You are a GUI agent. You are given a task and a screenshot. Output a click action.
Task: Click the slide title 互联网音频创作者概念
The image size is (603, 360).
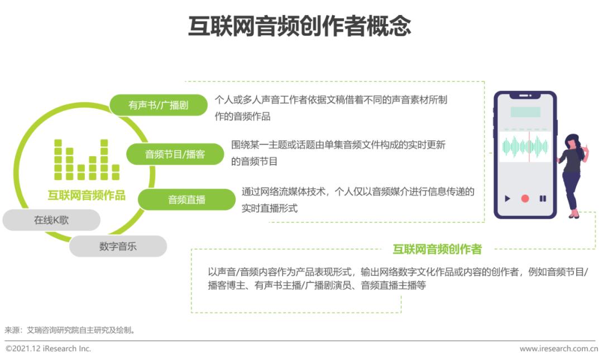tap(299, 26)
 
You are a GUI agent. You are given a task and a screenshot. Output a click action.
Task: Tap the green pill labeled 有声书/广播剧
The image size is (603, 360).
tap(159, 105)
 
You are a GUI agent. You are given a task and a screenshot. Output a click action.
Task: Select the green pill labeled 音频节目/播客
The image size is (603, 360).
tap(175, 154)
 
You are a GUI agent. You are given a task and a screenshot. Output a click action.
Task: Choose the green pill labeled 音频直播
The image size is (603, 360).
tap(186, 200)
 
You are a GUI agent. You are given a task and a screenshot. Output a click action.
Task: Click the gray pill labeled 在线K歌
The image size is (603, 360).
tap(51, 220)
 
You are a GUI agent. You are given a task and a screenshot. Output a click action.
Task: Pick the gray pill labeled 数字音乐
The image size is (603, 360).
tap(118, 246)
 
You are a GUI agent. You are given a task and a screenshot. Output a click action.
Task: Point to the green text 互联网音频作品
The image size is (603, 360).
tap(87, 195)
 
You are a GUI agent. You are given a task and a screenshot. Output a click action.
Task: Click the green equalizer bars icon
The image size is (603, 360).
tap(87, 160)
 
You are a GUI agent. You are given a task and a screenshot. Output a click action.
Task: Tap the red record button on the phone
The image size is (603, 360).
tap(525, 199)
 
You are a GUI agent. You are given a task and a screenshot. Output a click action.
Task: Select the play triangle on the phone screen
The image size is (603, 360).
tap(507, 199)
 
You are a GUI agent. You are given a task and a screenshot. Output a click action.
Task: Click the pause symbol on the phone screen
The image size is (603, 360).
tap(543, 199)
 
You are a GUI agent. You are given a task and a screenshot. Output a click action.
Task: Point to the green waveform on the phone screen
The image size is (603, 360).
tap(525, 147)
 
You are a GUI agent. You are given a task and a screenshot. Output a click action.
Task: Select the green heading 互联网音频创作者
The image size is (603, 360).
tap(437, 249)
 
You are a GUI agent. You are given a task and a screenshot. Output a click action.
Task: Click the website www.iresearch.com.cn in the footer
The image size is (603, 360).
tap(559, 349)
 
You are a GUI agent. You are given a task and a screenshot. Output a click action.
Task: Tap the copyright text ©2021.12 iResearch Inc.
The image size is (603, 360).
tap(48, 348)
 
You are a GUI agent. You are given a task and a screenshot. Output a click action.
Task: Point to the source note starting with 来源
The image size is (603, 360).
tap(70, 330)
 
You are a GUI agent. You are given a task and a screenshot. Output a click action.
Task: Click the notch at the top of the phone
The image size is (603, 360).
tap(525, 95)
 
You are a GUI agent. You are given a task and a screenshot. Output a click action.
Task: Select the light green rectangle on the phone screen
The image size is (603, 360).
tap(525, 112)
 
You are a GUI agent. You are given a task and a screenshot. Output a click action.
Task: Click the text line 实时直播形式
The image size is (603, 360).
tap(270, 208)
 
